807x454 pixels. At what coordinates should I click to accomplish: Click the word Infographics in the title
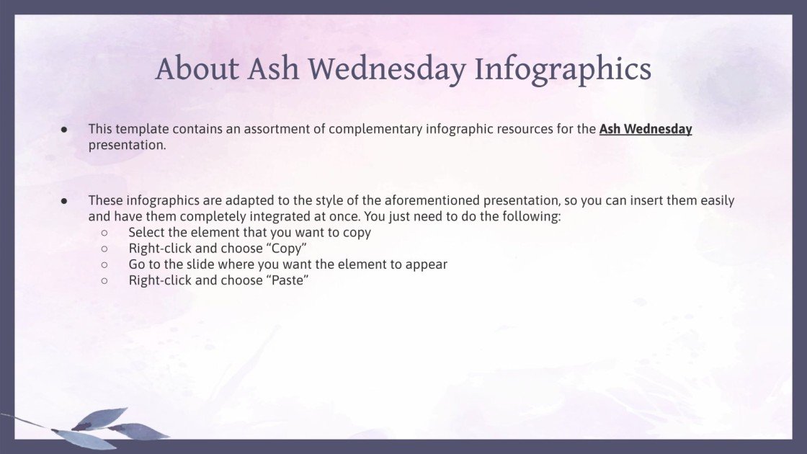(x=563, y=69)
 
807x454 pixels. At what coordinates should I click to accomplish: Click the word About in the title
(x=197, y=69)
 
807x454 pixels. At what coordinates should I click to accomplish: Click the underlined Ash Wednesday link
(x=645, y=130)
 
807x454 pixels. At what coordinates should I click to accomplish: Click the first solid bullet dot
(x=64, y=130)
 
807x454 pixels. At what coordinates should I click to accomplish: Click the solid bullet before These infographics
(x=64, y=201)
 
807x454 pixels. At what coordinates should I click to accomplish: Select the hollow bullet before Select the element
(x=104, y=233)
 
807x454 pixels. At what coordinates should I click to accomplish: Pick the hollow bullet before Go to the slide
(x=104, y=264)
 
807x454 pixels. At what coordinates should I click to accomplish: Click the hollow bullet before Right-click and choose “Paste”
(x=104, y=280)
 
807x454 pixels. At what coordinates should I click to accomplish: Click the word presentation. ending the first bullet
(x=127, y=145)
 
